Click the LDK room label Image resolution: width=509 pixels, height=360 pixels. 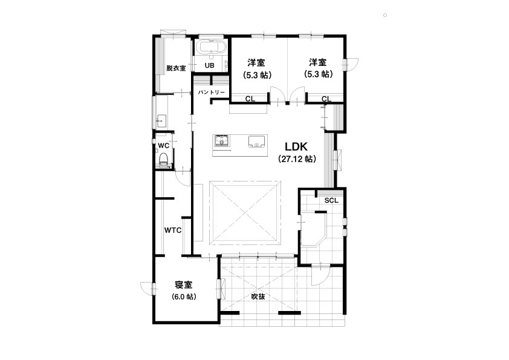(x=296, y=146)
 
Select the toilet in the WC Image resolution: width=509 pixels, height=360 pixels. (x=163, y=159)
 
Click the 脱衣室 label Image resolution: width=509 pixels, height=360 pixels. (x=176, y=68)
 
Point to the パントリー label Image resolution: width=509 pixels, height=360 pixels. (x=212, y=93)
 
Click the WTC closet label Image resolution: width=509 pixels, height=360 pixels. (x=173, y=231)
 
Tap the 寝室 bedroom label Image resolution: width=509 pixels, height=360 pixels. (x=184, y=284)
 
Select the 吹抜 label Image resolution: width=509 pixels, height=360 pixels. (x=258, y=296)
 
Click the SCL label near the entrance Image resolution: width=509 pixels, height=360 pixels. (x=331, y=200)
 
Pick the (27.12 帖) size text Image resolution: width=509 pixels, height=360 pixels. (x=297, y=159)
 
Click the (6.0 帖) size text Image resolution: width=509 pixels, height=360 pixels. (x=184, y=296)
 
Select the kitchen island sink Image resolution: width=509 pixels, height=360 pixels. (x=257, y=142)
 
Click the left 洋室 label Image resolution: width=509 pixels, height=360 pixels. (x=256, y=62)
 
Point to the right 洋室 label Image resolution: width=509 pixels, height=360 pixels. (x=318, y=62)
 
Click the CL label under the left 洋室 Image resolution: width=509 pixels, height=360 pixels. (x=250, y=99)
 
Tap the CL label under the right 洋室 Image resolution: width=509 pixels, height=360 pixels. (x=326, y=99)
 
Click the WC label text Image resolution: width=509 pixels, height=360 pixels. (x=164, y=146)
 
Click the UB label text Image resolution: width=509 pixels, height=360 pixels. (x=209, y=65)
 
